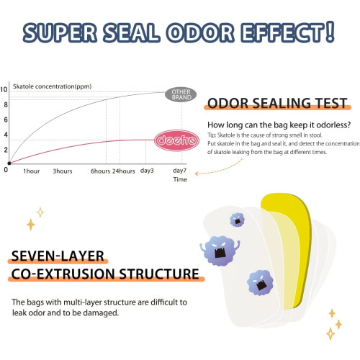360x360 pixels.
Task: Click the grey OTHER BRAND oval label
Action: click(x=181, y=94)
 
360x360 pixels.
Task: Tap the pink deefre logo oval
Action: click(x=176, y=140)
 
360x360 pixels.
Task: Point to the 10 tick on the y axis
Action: click(x=4, y=89)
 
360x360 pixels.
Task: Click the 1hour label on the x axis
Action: click(x=32, y=171)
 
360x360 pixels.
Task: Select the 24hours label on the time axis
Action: click(x=124, y=171)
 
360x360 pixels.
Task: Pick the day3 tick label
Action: click(x=147, y=171)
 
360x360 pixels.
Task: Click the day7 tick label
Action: click(x=180, y=171)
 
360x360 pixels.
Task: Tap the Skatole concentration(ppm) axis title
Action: click(x=53, y=86)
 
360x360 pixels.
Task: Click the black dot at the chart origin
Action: click(x=9, y=163)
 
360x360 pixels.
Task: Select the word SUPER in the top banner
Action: click(x=60, y=32)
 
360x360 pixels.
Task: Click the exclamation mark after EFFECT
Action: click(x=330, y=32)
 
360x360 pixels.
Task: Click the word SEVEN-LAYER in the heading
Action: click(x=58, y=256)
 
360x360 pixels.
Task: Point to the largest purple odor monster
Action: click(x=220, y=251)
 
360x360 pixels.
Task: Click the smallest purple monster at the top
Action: click(x=237, y=220)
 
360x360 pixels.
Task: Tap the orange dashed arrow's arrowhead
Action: click(x=197, y=174)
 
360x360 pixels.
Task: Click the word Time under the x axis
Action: click(x=180, y=179)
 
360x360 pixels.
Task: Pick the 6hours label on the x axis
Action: click(x=100, y=171)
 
